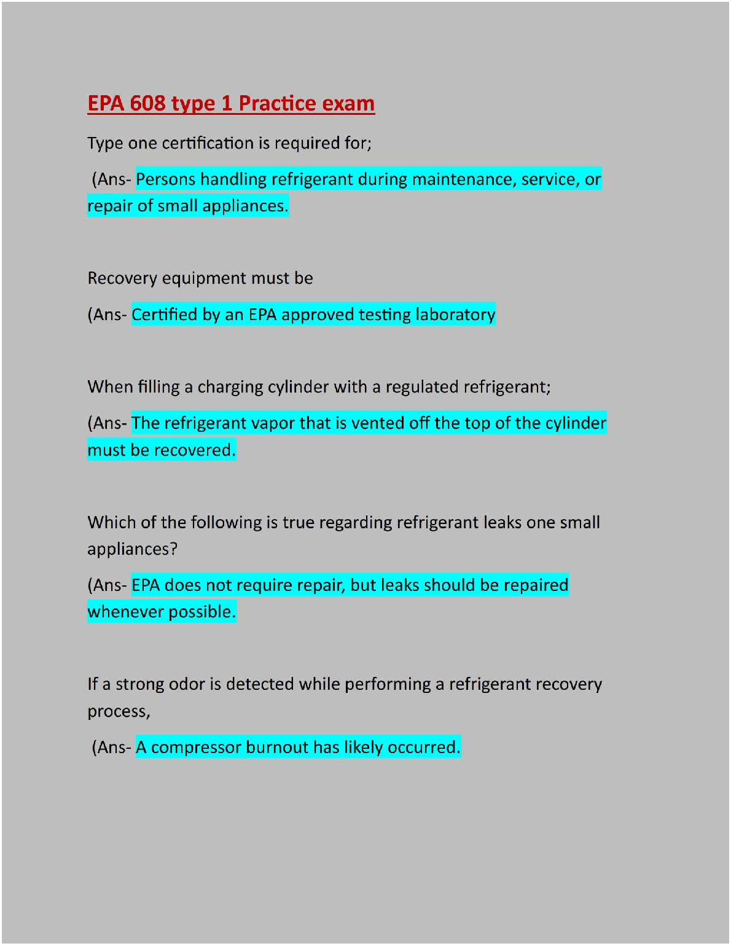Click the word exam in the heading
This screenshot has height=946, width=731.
(348, 103)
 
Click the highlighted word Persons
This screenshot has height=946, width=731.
(166, 179)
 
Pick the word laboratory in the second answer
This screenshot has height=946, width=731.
(455, 315)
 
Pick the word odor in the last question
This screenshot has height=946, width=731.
(187, 684)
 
